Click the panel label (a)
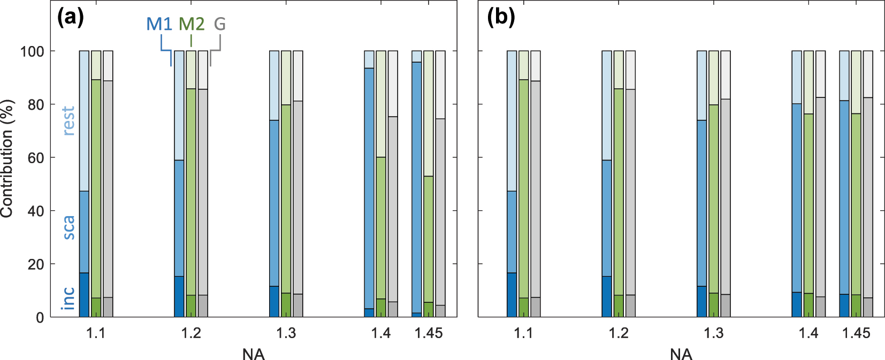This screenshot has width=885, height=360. tap(71, 18)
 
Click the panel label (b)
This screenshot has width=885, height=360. tap(501, 18)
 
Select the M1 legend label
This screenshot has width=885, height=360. tap(159, 24)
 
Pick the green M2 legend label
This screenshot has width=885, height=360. tap(191, 24)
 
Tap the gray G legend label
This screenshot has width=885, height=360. tap(219, 24)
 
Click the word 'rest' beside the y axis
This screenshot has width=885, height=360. tap(68, 120)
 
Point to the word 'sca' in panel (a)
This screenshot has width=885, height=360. tap(68, 227)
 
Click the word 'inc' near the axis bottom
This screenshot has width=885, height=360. tap(68, 297)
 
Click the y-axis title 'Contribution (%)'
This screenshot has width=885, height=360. tap(6, 158)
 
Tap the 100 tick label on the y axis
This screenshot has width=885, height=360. tap(32, 51)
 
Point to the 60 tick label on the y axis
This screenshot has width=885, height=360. tap(36, 158)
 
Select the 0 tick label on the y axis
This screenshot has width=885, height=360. tap(40, 318)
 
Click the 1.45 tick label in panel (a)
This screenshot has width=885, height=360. tap(429, 333)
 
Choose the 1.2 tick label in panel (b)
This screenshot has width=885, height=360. tap(619, 333)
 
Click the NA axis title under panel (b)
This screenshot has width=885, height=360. tap(681, 354)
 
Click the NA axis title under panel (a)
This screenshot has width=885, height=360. tap(253, 354)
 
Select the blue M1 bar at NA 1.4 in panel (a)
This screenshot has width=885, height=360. tap(369, 187)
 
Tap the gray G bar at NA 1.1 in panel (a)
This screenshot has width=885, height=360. tap(108, 187)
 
